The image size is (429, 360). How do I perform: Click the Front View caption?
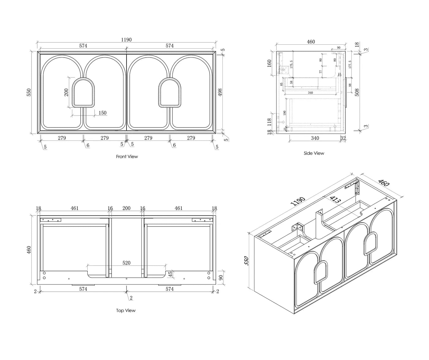tap(127, 156)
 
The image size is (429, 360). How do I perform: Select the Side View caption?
tap(314, 153)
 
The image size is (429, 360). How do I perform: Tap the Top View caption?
tap(126, 310)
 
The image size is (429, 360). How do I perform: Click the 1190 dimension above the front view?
tap(126, 40)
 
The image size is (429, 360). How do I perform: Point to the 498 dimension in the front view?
tap(220, 92)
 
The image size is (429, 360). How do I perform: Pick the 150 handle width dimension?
tap(102, 113)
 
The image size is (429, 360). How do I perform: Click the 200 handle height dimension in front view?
tap(66, 92)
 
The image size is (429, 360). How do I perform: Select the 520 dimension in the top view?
tap(126, 263)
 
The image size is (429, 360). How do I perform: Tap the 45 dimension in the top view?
tap(171, 274)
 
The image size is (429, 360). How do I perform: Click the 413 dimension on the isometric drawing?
tap(335, 200)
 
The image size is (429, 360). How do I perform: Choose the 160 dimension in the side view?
tap(269, 63)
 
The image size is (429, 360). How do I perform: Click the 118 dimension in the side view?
tap(270, 122)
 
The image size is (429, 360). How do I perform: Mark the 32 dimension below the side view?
tap(343, 138)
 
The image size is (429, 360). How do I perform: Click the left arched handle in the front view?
tap(83, 92)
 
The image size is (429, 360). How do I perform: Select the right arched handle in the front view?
tap(170, 92)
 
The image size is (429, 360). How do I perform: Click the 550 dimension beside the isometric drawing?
tap(247, 261)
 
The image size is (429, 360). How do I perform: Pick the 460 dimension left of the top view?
tap(29, 250)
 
